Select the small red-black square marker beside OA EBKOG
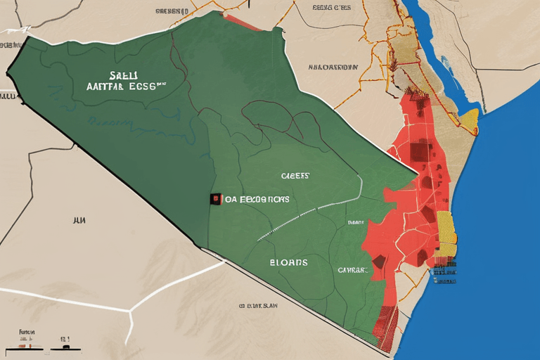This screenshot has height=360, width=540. point(213,199)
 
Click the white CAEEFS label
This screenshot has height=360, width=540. point(295,176)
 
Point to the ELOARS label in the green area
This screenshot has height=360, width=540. point(288,262)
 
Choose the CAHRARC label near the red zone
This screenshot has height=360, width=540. point(352,269)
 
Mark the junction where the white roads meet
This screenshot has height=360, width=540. point(129,309)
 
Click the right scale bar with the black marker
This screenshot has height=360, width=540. point(65,347)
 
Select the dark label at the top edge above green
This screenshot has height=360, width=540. point(172,12)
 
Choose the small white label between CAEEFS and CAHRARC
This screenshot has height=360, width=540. point(355,223)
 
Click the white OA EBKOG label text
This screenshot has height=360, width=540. point(257,200)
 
